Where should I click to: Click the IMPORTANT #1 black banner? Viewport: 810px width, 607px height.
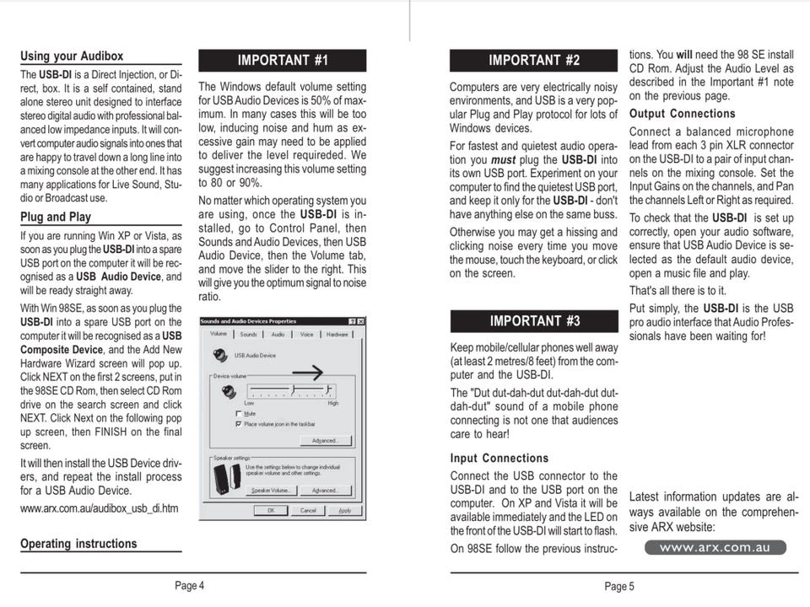[x=282, y=61]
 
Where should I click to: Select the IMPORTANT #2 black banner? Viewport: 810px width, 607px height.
[x=534, y=61]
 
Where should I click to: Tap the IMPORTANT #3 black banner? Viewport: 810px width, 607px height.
[x=534, y=321]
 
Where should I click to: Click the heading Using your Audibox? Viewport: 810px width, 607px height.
[x=72, y=56]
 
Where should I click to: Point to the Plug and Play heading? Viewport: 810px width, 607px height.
[x=56, y=217]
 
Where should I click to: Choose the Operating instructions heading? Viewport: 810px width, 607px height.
[x=78, y=544]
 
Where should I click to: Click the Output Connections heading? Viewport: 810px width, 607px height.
[x=682, y=114]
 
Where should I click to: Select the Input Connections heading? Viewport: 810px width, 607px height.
[x=499, y=459]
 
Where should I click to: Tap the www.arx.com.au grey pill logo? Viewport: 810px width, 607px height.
[x=715, y=548]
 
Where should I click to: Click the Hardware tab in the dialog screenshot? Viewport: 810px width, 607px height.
[x=336, y=335]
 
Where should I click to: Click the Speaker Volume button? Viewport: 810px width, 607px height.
[x=272, y=490]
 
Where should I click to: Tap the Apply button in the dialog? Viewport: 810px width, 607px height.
[x=345, y=510]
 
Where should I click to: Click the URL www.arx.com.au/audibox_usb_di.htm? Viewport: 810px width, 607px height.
[x=99, y=508]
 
